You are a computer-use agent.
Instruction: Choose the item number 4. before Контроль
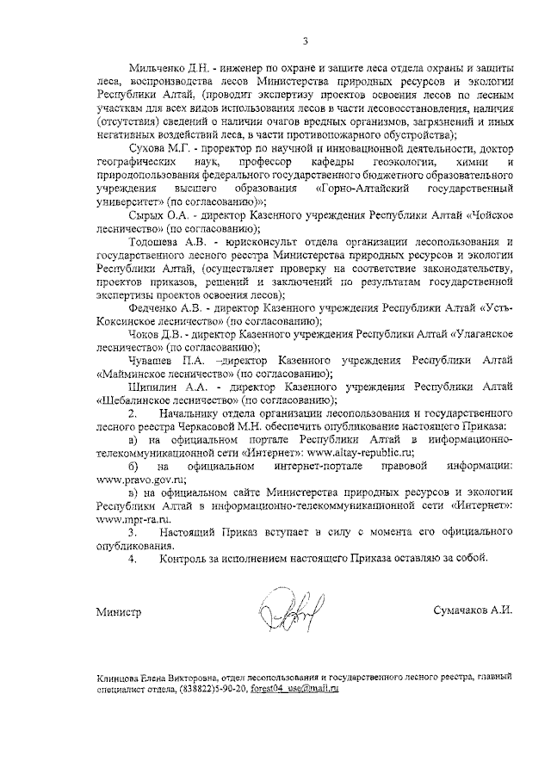pos(133,559)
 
